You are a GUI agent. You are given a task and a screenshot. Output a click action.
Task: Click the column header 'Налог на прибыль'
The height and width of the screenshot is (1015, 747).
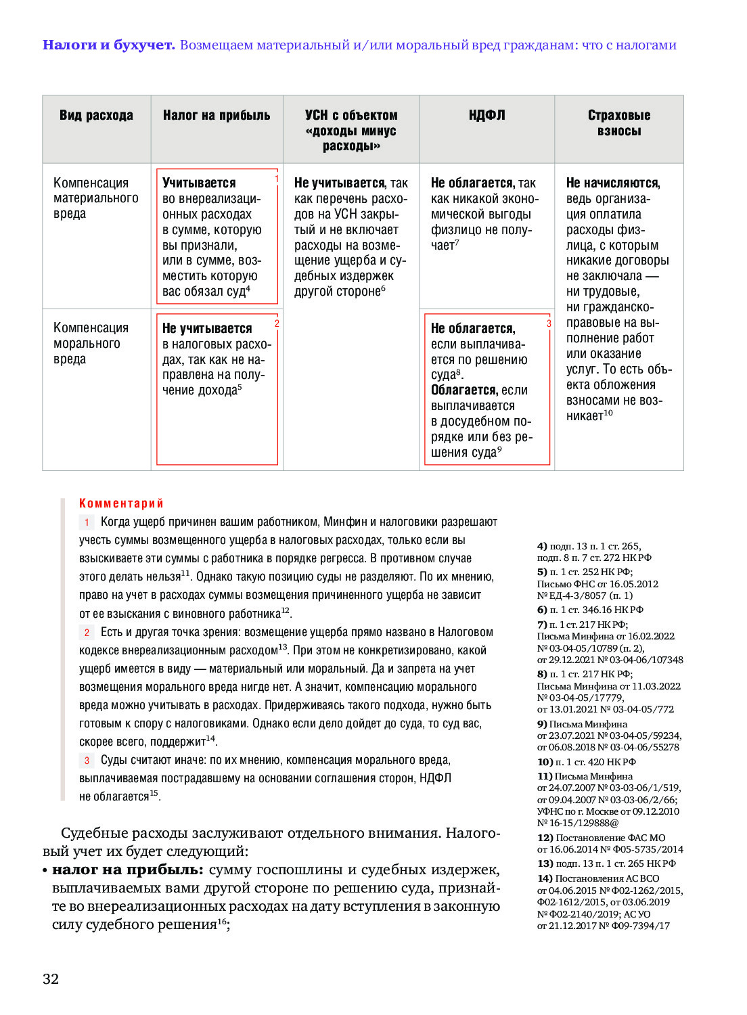point(217,116)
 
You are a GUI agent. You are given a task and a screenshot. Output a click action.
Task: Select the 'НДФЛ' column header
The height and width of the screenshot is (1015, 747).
point(486,116)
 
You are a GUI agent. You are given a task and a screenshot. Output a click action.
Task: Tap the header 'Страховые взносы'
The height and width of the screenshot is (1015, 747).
point(618,123)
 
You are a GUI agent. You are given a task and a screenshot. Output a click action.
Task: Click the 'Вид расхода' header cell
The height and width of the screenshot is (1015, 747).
point(96,116)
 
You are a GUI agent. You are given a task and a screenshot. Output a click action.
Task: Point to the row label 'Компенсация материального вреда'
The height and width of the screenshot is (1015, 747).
point(95,198)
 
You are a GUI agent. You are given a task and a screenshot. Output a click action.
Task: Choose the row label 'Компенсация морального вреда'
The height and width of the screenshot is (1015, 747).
point(91,343)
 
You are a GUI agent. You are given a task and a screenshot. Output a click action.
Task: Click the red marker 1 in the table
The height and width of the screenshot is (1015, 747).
point(277,179)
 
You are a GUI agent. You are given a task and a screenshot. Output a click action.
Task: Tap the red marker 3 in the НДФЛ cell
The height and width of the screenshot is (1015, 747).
point(549,324)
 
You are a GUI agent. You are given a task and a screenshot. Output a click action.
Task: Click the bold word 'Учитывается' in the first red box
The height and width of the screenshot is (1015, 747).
point(199,183)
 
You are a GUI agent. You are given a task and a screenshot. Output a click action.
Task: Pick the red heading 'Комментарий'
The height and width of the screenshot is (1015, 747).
point(121,503)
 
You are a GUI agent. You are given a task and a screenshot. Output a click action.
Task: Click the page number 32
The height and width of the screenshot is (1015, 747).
point(51,978)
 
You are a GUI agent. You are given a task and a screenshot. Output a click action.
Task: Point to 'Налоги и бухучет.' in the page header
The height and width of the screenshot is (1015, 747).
point(108,45)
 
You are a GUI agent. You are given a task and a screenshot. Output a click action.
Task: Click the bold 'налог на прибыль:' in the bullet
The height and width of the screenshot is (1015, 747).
point(127,870)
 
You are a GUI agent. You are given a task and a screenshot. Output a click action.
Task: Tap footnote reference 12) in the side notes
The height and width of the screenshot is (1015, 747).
point(545,838)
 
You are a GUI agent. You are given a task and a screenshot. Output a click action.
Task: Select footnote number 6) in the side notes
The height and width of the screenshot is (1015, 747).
point(542,610)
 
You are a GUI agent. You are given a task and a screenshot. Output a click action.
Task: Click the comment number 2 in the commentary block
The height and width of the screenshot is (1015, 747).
point(87,633)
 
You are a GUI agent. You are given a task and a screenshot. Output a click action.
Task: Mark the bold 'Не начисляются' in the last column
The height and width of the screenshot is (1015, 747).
point(612,183)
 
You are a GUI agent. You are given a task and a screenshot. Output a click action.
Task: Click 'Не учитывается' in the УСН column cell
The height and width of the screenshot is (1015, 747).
point(339,183)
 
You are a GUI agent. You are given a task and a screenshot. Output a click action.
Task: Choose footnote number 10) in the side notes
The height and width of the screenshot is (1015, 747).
point(545,762)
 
